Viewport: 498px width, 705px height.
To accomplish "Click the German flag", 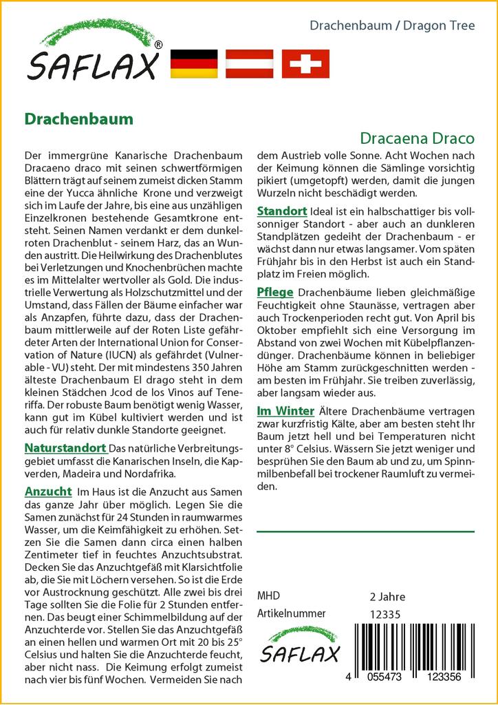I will [x=193, y=63].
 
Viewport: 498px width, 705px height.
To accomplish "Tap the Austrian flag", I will [x=250, y=63].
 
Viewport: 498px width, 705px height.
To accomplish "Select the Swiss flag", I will [x=305, y=63].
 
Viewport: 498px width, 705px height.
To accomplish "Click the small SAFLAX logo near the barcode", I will [x=299, y=648].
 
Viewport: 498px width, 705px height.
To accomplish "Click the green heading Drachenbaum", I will [x=79, y=118].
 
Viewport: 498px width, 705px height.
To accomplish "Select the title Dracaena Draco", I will [x=418, y=138].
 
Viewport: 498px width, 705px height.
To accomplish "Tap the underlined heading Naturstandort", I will [x=65, y=448].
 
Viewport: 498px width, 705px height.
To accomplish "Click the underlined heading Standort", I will [x=282, y=209].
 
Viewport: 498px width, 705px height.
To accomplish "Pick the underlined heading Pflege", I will [x=275, y=291].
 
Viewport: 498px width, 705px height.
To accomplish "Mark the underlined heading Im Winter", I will [x=285, y=411].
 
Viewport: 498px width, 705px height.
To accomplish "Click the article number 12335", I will [x=385, y=614].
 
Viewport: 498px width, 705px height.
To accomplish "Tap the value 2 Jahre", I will [x=387, y=596].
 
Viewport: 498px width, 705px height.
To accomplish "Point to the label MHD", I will [x=268, y=596].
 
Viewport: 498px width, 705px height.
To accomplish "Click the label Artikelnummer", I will [x=291, y=613].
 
